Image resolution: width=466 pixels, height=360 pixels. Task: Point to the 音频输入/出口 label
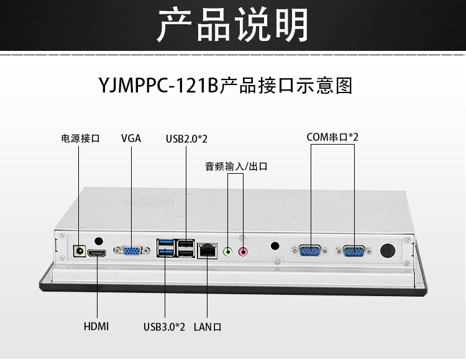[236, 166]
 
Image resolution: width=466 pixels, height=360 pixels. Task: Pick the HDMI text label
[96, 326]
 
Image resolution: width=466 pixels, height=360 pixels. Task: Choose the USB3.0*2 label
[164, 326]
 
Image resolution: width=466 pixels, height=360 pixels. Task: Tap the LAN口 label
[208, 326]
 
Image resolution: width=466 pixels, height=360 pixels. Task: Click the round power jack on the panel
[79, 250]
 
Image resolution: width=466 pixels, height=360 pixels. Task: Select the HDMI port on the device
[97, 253]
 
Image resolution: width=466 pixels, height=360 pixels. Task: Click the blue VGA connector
[132, 251]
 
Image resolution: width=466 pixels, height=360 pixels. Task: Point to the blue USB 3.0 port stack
[166, 248]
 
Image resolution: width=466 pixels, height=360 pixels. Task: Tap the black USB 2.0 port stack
[185, 248]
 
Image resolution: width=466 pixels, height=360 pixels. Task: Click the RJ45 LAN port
[206, 250]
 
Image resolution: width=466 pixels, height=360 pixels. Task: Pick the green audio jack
[228, 251]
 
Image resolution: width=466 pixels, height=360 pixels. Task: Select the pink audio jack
[244, 251]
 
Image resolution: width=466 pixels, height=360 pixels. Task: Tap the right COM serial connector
[354, 251]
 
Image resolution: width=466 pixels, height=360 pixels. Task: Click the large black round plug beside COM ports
[388, 251]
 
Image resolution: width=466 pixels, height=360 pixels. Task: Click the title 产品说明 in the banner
[232, 25]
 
